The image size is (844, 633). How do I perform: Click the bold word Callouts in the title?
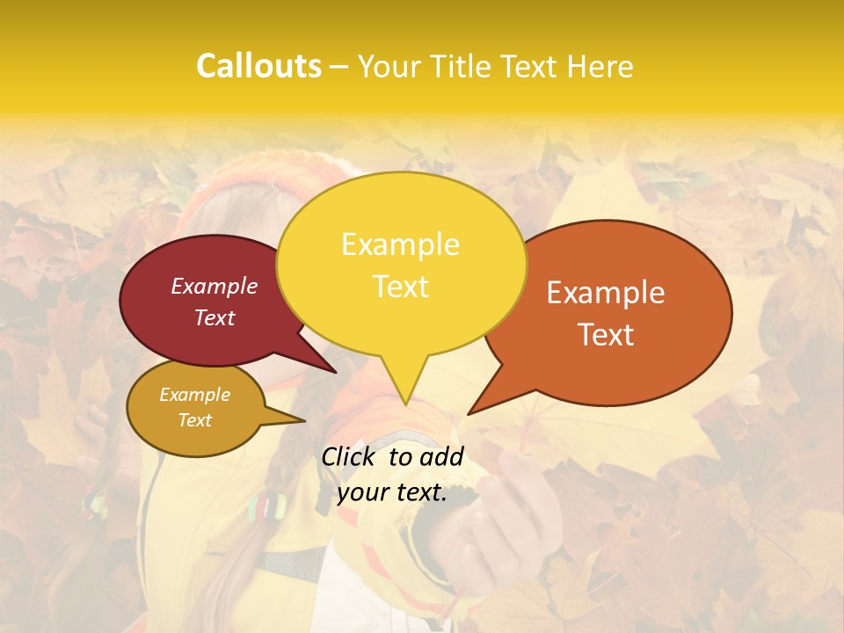pos(258,66)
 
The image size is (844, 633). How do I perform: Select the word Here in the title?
pos(598,66)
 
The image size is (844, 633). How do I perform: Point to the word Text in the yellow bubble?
pos(400,286)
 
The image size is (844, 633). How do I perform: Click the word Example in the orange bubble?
pos(606,293)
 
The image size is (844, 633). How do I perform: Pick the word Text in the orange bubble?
pos(606,334)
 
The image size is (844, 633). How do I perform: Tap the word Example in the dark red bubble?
pos(215,286)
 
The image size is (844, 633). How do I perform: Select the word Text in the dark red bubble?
pos(215,317)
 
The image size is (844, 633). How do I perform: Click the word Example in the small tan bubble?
pos(194,395)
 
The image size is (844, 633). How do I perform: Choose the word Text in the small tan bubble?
pos(194,420)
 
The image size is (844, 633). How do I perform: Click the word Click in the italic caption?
pos(349,456)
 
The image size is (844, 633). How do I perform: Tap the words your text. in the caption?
pos(392,492)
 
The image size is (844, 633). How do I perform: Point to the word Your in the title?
pos(387,66)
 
